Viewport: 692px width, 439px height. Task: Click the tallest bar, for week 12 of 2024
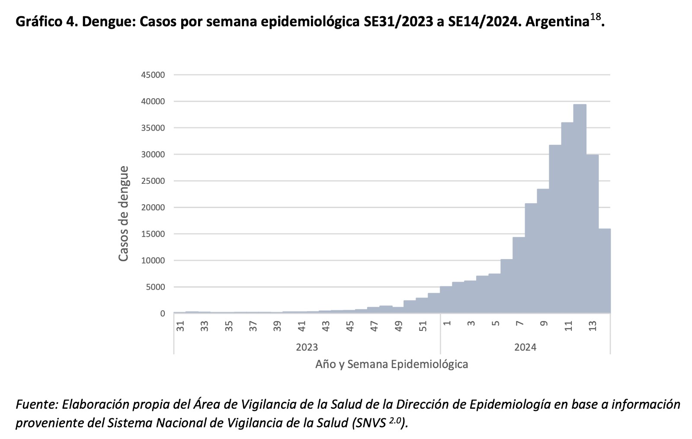(580, 208)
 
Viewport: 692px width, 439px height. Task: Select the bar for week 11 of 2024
(567, 216)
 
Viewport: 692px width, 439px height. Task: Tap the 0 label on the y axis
(163, 314)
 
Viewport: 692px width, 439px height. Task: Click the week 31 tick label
(180, 326)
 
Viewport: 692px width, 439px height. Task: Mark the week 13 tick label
(592, 326)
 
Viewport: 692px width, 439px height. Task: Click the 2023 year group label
(307, 347)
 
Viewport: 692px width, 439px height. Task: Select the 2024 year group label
(525, 347)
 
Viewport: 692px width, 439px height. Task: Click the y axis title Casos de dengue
(124, 213)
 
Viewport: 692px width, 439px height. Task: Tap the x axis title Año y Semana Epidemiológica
(391, 364)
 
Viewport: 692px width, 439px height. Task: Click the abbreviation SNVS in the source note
(370, 423)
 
